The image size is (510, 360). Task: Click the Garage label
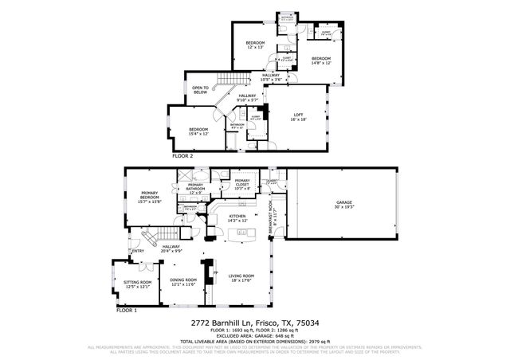343,202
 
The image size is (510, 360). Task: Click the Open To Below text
200,90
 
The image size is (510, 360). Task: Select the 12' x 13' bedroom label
255,45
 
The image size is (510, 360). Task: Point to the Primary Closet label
243,184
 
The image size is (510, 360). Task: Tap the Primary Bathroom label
196,189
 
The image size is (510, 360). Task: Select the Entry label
139,252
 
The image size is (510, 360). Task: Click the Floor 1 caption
127,310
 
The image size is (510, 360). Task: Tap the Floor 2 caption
182,156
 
